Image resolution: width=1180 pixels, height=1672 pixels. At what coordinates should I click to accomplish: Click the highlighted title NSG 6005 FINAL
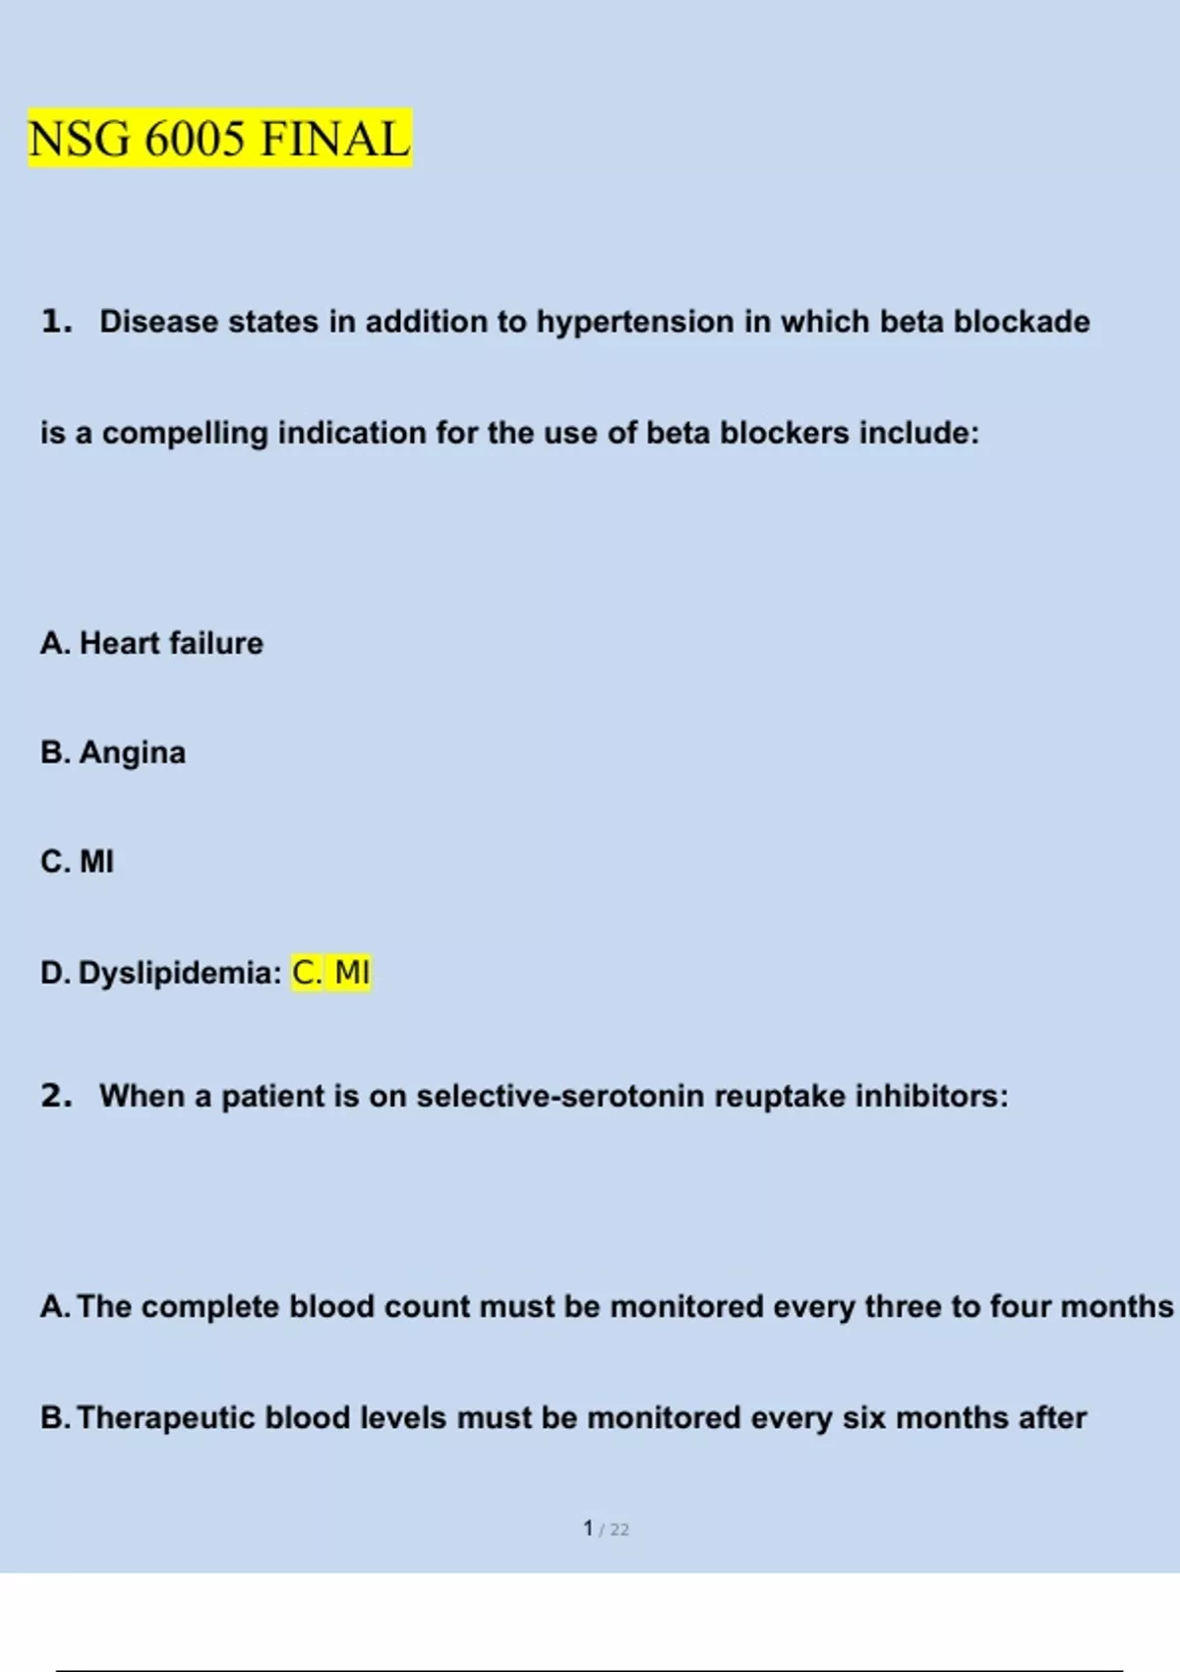[219, 138]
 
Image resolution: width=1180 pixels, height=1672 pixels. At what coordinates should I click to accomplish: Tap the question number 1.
[56, 321]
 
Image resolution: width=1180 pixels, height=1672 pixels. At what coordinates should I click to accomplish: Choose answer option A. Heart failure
[152, 643]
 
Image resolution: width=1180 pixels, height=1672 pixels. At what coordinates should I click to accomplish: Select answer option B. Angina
[113, 752]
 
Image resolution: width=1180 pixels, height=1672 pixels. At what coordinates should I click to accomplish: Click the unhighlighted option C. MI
[78, 862]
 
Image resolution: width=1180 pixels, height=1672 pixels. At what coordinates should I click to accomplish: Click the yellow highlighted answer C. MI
[331, 973]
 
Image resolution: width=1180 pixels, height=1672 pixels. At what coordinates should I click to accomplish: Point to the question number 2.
[56, 1096]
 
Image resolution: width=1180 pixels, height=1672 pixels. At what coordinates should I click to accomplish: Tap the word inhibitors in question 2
[930, 1096]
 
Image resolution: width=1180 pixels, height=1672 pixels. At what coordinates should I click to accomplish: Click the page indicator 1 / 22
[605, 1528]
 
